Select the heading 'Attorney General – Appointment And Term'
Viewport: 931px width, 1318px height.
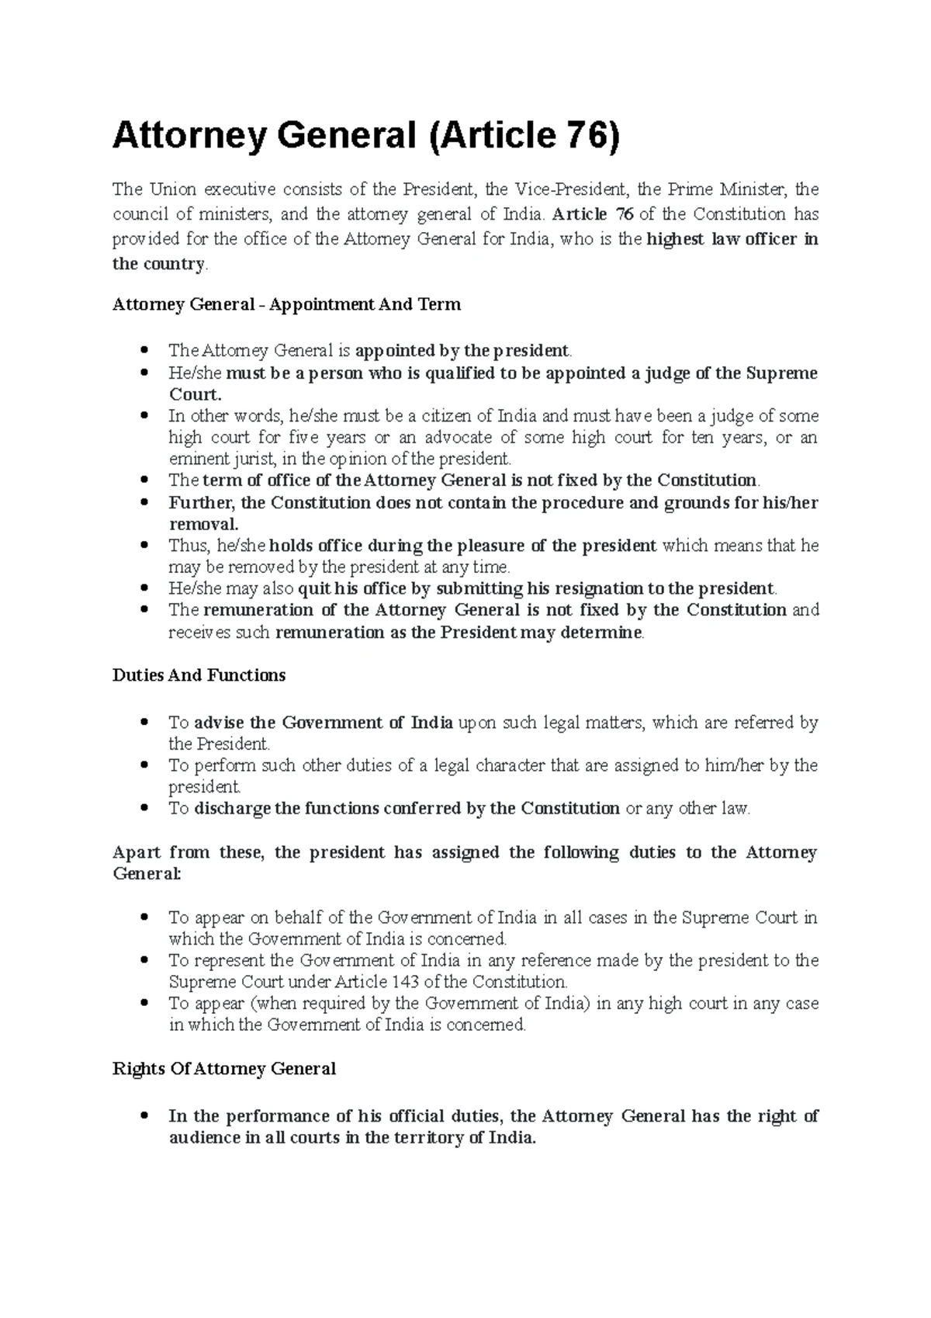[x=286, y=304]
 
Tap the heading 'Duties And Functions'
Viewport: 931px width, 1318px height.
[x=199, y=675]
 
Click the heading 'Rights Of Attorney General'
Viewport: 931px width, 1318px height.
[x=223, y=1069]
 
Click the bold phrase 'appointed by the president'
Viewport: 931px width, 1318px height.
[x=462, y=351]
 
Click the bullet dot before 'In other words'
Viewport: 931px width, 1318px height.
[x=144, y=416]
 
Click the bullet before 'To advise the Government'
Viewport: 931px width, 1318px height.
[x=144, y=723]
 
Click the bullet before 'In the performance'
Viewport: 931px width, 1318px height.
[x=144, y=1117]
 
